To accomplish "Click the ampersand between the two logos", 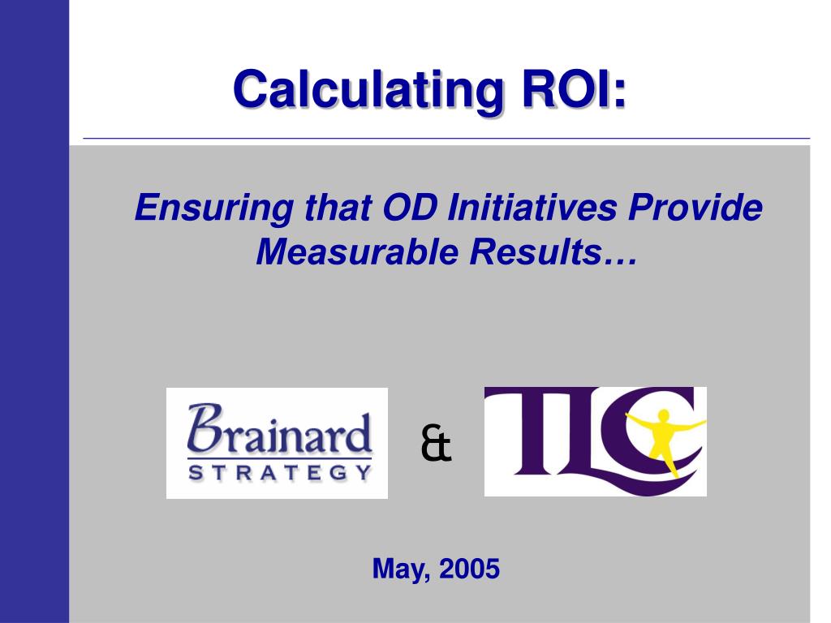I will [436, 445].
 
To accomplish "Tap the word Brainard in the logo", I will [280, 432].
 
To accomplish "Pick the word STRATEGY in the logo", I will [279, 471].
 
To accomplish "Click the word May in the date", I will [401, 569].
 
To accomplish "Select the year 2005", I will [469, 569].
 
